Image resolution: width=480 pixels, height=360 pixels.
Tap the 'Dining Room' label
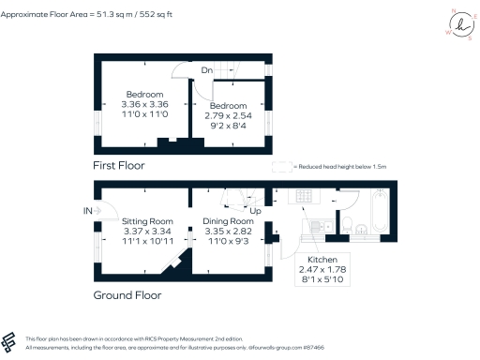pyautogui.click(x=228, y=221)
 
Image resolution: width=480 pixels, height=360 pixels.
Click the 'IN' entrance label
pyautogui.click(x=87, y=211)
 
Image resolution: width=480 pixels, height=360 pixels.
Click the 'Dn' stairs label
pyautogui.click(x=206, y=70)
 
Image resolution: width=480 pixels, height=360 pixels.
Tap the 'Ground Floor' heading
pyautogui.click(x=127, y=294)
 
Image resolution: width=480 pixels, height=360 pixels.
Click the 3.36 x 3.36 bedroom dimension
pyautogui.click(x=145, y=104)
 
